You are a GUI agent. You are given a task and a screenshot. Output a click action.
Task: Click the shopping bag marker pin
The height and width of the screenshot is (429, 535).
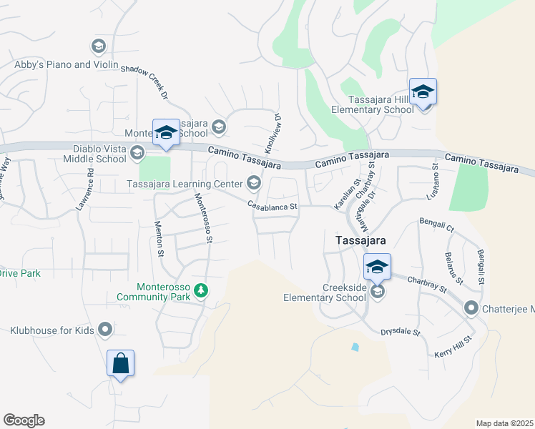coord(120,363)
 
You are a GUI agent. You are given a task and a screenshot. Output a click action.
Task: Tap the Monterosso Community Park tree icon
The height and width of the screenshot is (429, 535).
coord(202,290)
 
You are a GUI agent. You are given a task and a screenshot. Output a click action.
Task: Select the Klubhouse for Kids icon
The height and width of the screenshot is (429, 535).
coord(105,330)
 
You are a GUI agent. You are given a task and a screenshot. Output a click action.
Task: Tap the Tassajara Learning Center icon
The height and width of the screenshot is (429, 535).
coord(253,184)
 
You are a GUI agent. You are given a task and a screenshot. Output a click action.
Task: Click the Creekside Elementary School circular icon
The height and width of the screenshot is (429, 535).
coord(377,291)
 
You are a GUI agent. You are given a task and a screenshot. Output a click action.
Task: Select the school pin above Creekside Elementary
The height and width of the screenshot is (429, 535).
coord(377,268)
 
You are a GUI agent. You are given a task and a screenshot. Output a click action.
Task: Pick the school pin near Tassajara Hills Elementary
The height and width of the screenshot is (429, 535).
coord(423,92)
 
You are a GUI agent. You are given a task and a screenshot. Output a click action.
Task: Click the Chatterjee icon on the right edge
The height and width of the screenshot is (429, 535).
coord(471,308)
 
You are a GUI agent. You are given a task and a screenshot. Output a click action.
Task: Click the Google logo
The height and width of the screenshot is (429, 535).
coord(24,420)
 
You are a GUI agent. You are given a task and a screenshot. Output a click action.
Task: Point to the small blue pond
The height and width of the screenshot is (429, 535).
coord(355,347)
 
